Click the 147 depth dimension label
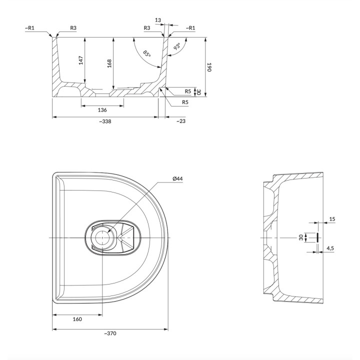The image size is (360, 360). point(81,60)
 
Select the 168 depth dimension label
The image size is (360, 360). point(109,63)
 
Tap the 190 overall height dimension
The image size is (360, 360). point(209,67)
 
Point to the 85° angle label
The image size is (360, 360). point(147,53)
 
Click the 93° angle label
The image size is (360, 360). point(177,46)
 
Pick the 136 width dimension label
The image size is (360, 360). point(102,110)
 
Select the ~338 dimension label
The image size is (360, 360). point(105,121)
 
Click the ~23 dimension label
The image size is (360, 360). point(181,121)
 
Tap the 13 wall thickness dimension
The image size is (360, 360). point(158,20)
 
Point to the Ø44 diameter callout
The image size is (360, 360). point(177,178)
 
